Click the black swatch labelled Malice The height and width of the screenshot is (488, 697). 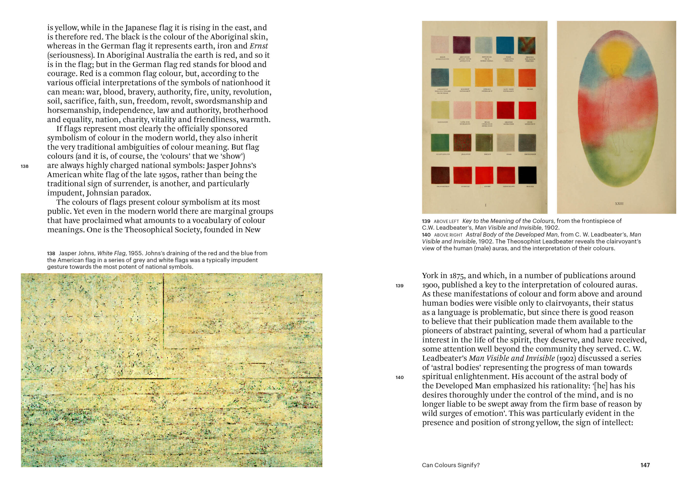click(x=527, y=175)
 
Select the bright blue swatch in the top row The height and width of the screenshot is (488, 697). click(x=505, y=45)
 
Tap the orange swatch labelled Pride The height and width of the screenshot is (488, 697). click(x=527, y=78)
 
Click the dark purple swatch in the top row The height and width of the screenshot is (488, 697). click(x=462, y=45)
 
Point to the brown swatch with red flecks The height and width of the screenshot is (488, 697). click(x=462, y=142)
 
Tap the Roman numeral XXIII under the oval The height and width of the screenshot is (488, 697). click(x=619, y=203)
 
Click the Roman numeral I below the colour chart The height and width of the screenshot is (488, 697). click(x=486, y=205)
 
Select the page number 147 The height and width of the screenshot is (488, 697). click(x=645, y=465)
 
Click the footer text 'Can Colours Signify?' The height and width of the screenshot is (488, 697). click(x=451, y=465)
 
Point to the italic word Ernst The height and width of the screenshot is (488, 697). click(x=259, y=46)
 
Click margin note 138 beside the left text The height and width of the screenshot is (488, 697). click(x=25, y=166)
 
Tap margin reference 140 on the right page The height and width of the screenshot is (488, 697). click(x=400, y=377)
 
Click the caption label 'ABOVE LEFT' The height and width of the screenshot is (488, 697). click(x=446, y=221)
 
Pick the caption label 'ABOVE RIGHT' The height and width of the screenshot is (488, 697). click(x=448, y=235)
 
